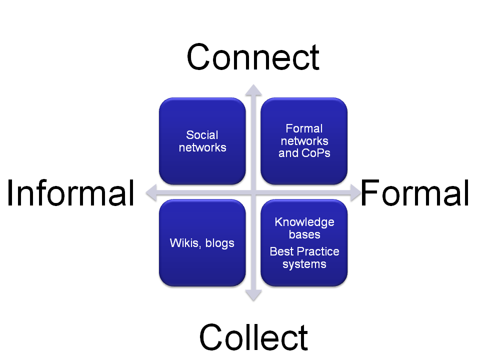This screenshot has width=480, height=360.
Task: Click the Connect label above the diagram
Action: [253, 57]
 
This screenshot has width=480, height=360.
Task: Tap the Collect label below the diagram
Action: [253, 337]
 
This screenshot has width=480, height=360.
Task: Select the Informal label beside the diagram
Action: [70, 193]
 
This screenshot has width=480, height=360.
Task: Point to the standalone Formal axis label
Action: [415, 193]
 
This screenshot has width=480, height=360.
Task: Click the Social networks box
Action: [202, 141]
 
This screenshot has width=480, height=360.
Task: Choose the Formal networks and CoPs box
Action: [304, 141]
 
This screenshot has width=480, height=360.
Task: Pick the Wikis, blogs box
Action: [202, 243]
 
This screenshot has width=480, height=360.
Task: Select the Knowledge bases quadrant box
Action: [304, 243]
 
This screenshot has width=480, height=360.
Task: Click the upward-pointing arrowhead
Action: [253, 90]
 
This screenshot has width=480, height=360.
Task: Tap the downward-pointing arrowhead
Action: [253, 295]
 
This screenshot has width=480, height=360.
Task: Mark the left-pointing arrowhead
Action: [151, 192]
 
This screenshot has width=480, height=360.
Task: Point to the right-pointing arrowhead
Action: [355, 192]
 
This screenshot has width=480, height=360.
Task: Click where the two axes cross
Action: [253, 192]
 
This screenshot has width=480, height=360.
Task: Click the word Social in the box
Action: [202, 135]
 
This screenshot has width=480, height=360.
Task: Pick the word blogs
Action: [220, 243]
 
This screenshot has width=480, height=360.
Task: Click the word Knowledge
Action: [304, 222]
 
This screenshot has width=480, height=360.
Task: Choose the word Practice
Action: [321, 251]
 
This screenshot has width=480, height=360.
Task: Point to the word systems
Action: [304, 264]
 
